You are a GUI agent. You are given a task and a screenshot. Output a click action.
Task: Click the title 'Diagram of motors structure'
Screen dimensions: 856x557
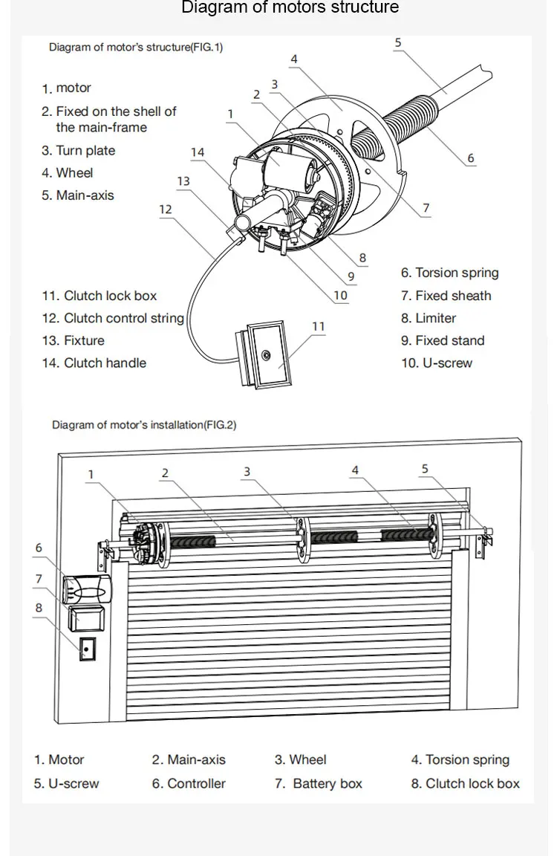(290, 8)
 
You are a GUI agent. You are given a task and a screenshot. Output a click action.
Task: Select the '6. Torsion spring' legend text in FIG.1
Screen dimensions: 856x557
(449, 273)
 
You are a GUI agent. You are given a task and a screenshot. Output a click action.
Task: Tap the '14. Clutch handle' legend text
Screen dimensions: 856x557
(94, 363)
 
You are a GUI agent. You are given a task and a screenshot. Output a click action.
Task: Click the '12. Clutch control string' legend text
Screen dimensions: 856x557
(112, 318)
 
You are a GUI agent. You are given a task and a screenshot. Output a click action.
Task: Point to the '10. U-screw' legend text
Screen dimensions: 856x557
(437, 363)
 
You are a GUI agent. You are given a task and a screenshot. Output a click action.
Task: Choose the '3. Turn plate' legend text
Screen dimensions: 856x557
(78, 150)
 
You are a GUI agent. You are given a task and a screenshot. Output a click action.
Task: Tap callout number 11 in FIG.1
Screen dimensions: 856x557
(319, 326)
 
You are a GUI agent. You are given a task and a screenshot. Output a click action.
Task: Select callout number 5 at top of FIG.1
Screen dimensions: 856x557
(398, 42)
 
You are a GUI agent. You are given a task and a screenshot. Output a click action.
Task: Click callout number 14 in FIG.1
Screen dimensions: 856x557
(197, 152)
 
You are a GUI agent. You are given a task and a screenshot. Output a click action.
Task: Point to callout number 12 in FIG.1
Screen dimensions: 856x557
(165, 210)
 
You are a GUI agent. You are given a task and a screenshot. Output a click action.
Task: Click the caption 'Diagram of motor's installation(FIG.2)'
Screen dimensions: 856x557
(144, 425)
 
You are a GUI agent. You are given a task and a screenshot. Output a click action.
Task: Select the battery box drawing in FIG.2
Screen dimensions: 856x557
(87, 617)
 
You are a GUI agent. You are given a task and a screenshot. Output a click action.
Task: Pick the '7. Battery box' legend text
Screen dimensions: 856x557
(319, 783)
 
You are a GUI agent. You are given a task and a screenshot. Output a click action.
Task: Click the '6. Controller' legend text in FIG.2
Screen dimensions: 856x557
(189, 783)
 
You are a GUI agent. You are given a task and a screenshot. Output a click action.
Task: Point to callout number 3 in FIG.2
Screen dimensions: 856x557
(247, 471)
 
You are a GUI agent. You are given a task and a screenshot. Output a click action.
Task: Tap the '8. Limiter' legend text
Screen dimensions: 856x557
(429, 318)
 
